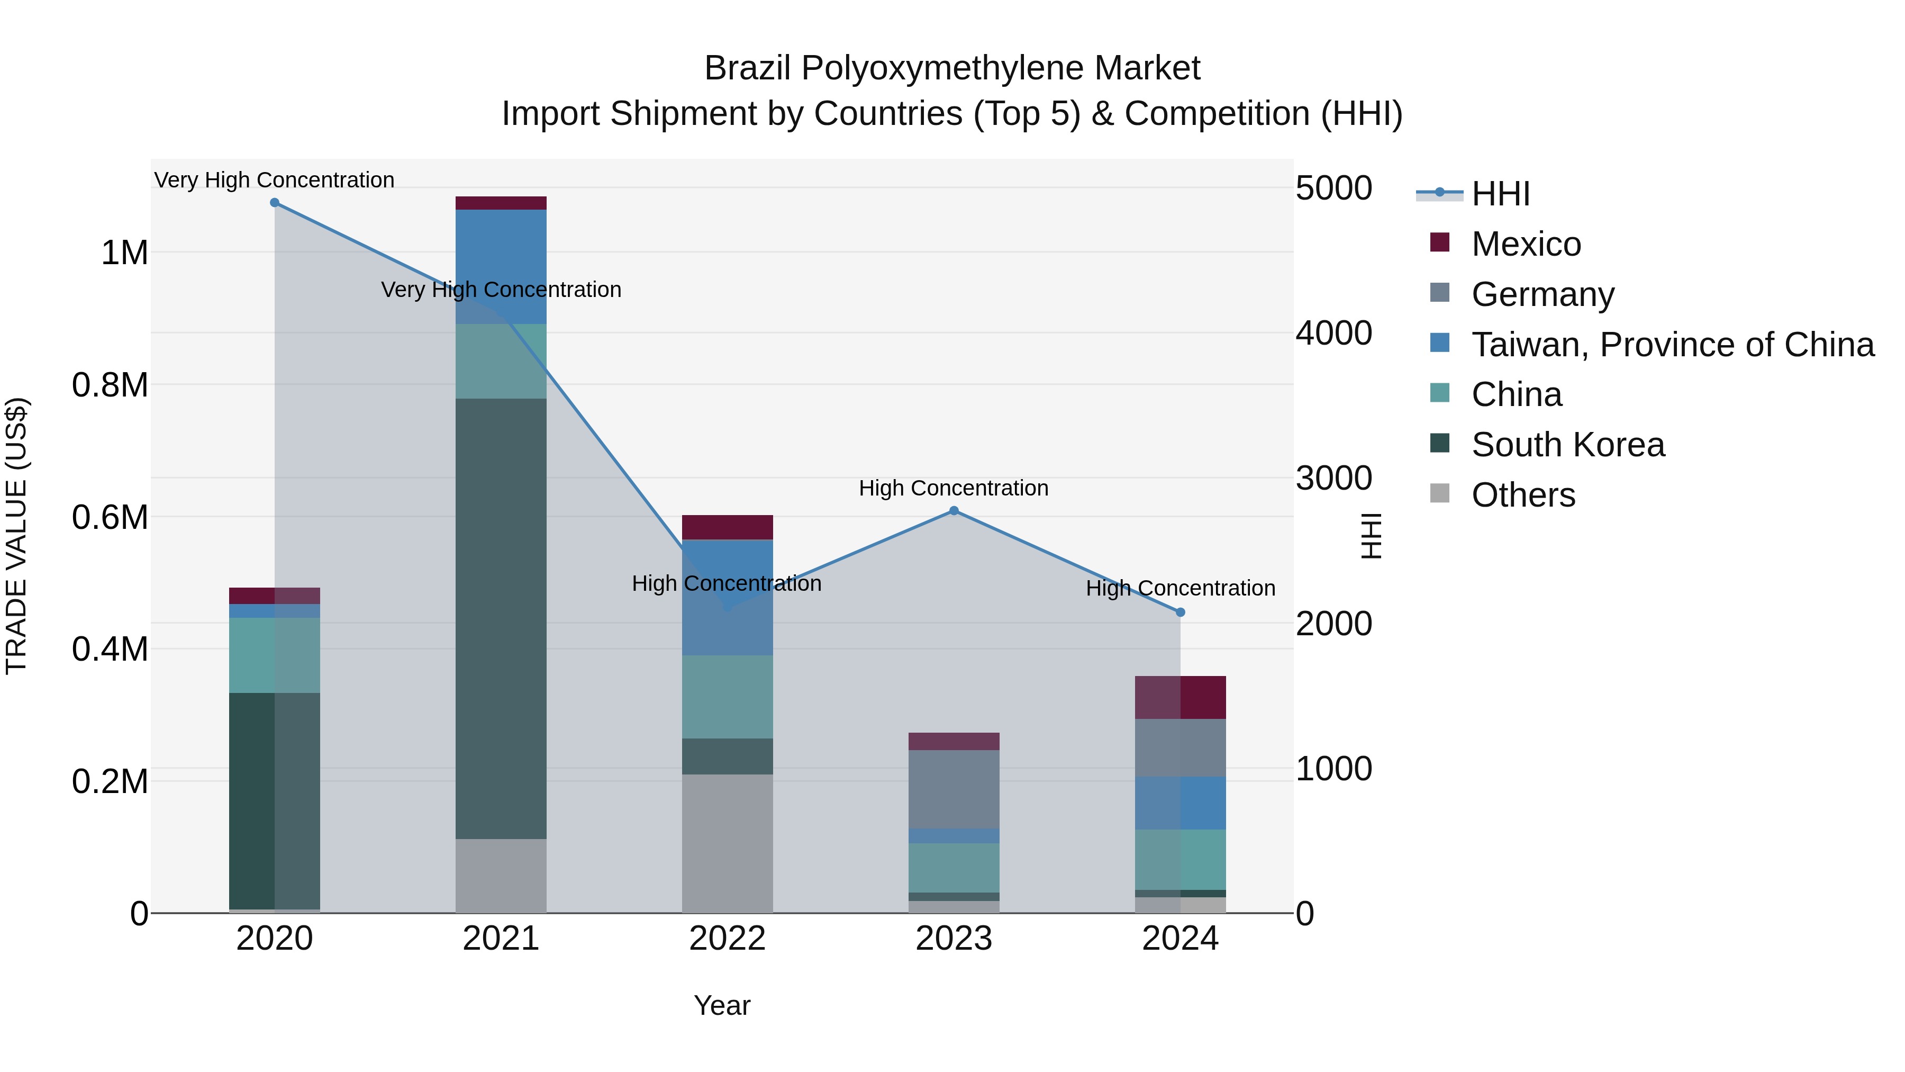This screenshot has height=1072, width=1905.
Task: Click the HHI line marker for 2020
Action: point(274,203)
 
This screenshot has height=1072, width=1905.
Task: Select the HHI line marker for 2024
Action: point(1180,612)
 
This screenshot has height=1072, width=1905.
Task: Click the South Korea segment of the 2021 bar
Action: point(501,618)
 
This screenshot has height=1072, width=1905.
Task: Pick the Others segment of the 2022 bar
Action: point(727,843)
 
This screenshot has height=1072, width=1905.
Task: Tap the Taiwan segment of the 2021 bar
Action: point(501,266)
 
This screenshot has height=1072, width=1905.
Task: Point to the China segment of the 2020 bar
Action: point(274,655)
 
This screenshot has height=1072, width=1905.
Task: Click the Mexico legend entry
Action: point(1526,244)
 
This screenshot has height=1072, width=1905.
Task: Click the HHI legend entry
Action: point(1500,194)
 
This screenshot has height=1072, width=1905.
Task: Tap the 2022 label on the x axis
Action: point(727,939)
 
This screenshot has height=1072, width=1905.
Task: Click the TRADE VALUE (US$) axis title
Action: point(17,536)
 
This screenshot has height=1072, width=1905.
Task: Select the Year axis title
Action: point(722,1005)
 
